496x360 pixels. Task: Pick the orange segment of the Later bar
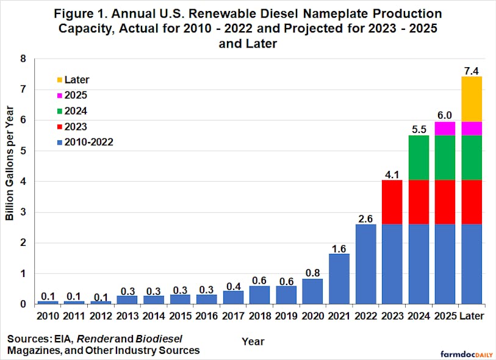tap(472, 99)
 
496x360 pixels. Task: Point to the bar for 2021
tap(340, 279)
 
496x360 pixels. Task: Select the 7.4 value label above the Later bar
tap(472, 67)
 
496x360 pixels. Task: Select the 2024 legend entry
tap(76, 110)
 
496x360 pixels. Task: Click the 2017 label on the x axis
tap(234, 316)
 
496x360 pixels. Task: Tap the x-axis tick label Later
tap(472, 316)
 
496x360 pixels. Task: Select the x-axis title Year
tap(253, 340)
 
